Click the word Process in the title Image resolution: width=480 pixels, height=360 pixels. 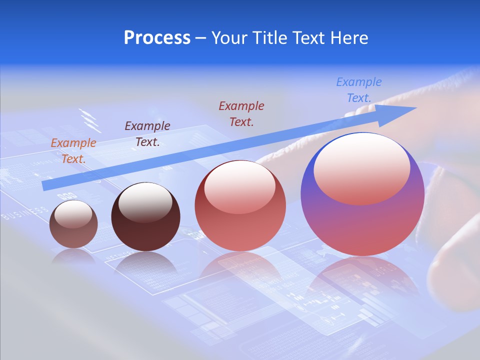pos(157,38)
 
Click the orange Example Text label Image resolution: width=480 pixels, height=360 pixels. pos(73,150)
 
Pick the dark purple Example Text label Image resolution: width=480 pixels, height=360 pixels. pos(147,133)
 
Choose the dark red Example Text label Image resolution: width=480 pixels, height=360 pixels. pos(241,113)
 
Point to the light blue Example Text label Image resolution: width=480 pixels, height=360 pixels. pos(359,90)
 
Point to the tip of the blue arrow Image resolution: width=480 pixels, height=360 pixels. pos(415,108)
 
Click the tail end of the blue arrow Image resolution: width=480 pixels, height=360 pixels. pos(45,186)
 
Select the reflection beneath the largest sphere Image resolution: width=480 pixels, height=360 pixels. pos(362,280)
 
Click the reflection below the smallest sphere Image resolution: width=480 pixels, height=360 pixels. pos(73,256)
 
